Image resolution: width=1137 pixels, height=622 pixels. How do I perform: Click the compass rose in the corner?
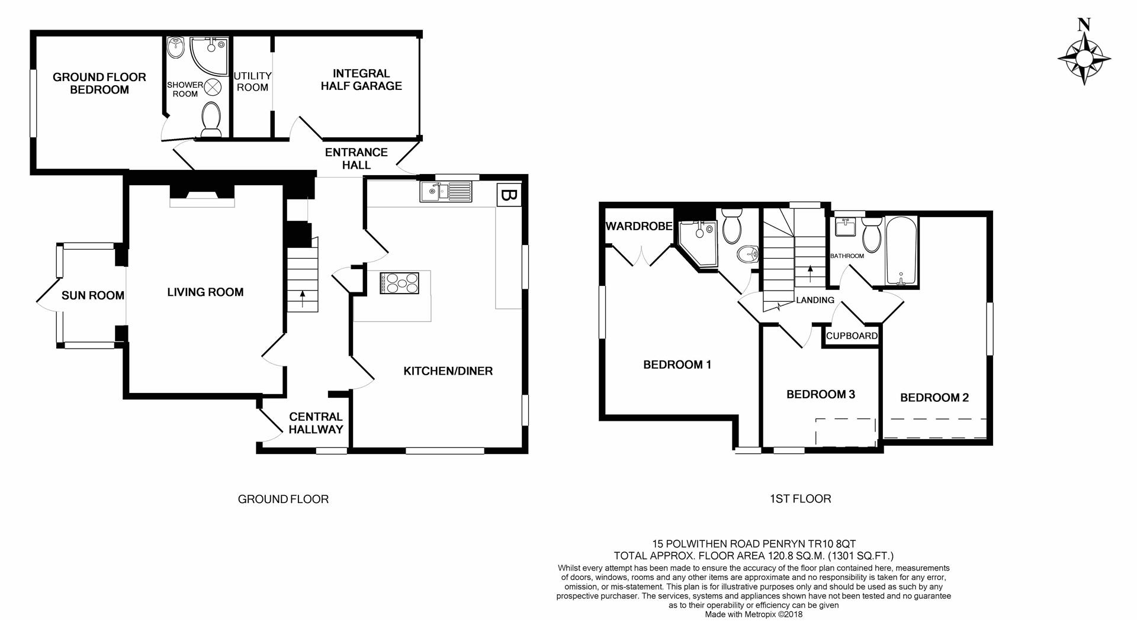tap(1084, 59)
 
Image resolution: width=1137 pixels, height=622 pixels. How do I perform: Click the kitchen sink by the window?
tap(446, 191)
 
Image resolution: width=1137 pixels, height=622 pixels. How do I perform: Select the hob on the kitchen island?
tap(399, 283)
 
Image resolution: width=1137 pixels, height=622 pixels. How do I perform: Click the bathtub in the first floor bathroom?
tap(901, 251)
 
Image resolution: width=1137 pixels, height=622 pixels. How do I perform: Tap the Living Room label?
tap(205, 292)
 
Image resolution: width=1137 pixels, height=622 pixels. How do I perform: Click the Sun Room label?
tap(93, 295)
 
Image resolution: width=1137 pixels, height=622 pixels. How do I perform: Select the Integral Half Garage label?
tap(361, 79)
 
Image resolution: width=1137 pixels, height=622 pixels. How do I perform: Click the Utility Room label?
tap(252, 82)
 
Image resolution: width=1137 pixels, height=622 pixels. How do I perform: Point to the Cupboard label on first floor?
tap(852, 336)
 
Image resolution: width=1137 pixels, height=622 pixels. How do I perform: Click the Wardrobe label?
tap(638, 226)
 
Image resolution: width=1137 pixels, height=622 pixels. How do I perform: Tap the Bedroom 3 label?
tap(820, 394)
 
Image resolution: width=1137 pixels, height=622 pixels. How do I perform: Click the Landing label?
tap(815, 300)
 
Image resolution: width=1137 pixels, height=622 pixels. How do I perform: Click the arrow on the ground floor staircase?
tap(303, 299)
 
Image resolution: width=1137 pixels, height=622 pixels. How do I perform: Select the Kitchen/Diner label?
tap(448, 371)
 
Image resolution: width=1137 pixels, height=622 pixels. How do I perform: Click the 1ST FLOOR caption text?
tap(800, 499)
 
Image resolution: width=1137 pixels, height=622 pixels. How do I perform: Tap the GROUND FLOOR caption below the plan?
tap(283, 499)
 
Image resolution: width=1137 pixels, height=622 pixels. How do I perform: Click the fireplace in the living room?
tap(202, 195)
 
